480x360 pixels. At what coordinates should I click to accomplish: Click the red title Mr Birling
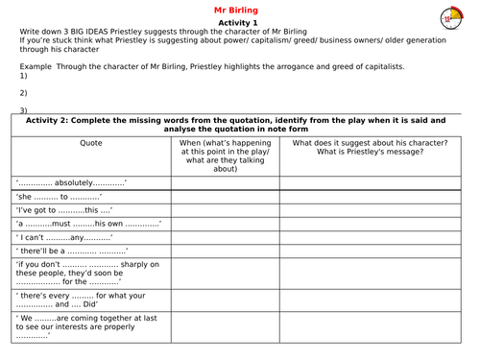[x=239, y=11]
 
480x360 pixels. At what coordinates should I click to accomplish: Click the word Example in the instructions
[x=37, y=66]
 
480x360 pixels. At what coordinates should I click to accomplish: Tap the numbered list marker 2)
[x=24, y=92]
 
